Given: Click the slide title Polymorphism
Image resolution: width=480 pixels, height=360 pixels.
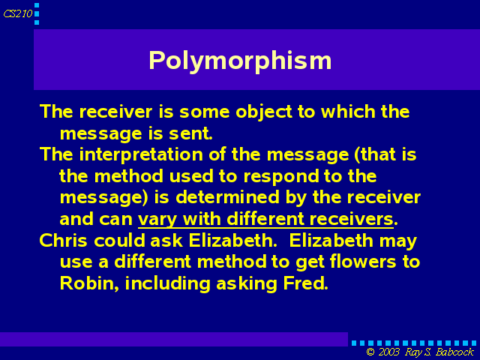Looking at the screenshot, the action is pos(240,61).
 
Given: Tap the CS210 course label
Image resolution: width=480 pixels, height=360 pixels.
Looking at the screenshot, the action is pos(18,13).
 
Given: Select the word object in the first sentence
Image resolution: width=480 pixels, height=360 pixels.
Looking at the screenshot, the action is pos(264,112).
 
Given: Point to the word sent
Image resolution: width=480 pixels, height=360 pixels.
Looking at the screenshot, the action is pos(190,133).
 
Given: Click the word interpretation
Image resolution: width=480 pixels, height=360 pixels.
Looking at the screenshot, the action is pos(141,154).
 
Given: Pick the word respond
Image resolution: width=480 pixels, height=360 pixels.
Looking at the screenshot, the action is pos(277,177).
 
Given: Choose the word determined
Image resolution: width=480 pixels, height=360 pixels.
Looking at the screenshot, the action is pos(228,197).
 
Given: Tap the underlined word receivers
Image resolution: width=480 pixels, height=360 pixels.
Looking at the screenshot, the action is pos(352,219).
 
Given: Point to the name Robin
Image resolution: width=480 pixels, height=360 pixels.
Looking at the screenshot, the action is pos(89,283).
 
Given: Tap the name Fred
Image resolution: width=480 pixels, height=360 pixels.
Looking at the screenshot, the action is pos(305,283).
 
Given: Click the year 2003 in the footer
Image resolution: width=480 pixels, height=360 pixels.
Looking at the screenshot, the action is pos(388,352).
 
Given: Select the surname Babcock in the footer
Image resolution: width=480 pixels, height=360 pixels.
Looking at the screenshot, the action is pos(454,352).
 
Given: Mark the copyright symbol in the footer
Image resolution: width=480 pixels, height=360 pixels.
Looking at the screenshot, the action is pos(370,352).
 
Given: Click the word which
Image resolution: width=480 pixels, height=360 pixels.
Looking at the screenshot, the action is pos(348,112).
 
